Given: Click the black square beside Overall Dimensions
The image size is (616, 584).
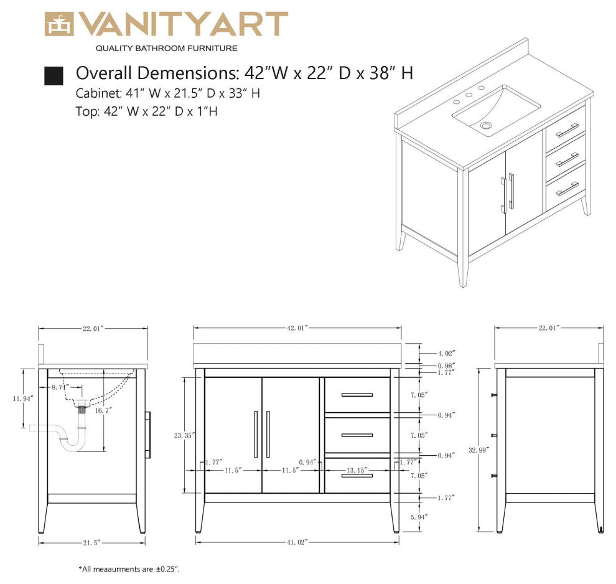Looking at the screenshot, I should (54, 75).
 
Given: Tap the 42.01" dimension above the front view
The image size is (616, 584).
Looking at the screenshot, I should (297, 327).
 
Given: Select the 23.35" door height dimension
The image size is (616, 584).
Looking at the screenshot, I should (184, 435).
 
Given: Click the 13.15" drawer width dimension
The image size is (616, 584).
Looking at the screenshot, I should (357, 469).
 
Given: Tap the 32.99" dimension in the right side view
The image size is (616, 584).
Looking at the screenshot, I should (478, 449).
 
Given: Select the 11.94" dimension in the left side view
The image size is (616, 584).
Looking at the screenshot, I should (23, 397).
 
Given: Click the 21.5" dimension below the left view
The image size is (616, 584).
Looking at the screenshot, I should (92, 542).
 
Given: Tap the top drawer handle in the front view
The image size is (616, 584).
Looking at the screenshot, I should (357, 395).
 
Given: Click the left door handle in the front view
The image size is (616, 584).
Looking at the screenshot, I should (256, 434).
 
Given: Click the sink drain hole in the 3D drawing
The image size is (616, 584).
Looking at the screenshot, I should (487, 126).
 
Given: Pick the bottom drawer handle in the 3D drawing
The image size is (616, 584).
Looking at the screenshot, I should (567, 189).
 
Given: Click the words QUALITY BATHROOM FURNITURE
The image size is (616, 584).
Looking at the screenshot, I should (166, 48).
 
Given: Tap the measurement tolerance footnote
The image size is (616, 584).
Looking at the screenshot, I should (129, 569).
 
